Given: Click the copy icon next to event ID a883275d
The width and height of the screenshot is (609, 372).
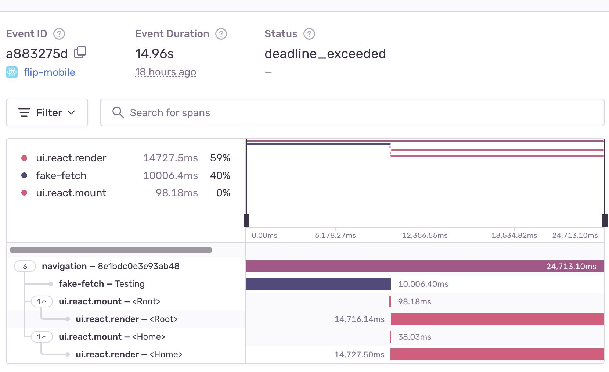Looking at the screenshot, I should point(80,53).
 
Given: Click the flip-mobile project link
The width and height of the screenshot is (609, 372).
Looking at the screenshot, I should point(49,72).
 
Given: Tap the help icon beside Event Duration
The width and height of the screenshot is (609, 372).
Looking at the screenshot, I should point(221,34).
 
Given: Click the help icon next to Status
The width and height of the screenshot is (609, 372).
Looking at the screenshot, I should point(309,34).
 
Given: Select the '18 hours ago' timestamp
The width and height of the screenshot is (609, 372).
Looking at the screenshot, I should point(165,72).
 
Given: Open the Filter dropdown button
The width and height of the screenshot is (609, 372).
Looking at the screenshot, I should point(47,112).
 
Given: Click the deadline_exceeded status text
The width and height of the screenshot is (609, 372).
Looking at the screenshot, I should point(325,54).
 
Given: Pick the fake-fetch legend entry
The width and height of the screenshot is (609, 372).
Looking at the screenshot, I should point(61,176).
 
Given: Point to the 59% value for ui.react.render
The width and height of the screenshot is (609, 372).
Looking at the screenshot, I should point(220,158).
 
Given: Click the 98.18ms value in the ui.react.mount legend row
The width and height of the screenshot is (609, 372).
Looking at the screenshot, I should point(177,193).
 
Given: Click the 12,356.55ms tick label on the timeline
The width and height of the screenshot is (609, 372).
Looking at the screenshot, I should point(425,235).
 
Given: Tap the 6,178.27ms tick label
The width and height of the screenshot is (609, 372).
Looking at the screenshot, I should point(335,235).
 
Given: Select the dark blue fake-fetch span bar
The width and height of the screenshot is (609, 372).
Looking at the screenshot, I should point(318,284).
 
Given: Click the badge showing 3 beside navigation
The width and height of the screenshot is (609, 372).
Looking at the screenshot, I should point(25,266).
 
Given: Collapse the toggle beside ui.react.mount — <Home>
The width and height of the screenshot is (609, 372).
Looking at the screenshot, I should point(42,337).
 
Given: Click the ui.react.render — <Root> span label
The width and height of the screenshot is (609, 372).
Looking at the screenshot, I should point(126,319).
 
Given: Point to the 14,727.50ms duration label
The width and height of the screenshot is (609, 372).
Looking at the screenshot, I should point(359,354).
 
